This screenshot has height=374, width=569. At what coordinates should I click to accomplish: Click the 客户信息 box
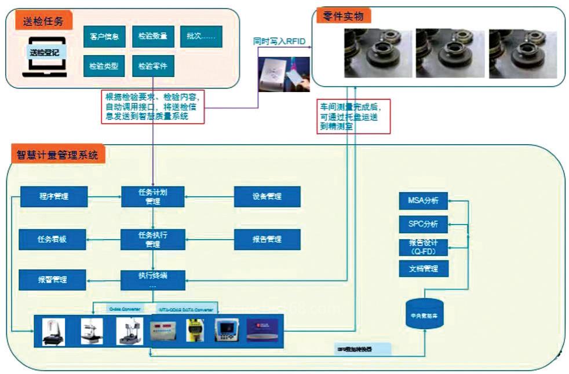coord(104,36)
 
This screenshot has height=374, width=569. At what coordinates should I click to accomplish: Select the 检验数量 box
coord(153,36)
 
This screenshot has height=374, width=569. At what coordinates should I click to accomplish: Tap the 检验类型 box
coord(104,66)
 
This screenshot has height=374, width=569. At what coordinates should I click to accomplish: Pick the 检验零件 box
coord(153,66)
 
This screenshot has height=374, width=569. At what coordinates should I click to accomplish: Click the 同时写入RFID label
coord(279,41)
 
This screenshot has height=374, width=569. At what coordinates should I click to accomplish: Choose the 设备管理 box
coord(267,196)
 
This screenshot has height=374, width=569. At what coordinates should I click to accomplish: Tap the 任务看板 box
coord(53,239)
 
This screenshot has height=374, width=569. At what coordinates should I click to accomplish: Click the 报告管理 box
coord(267,239)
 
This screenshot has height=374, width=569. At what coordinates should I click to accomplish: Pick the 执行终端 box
coord(153,280)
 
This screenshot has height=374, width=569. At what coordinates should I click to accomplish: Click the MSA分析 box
coord(424,201)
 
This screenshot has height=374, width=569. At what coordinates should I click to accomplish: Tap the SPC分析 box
coord(424,223)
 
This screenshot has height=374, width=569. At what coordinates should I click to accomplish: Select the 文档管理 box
coord(424,269)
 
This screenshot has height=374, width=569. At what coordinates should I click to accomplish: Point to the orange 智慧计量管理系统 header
coord(57,155)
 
